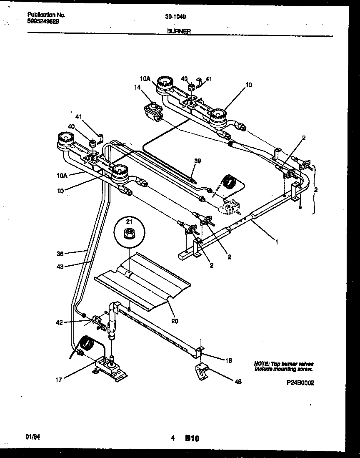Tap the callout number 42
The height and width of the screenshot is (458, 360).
coord(60,322)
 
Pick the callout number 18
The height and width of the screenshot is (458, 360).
coord(228,360)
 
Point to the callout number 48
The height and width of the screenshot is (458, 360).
coord(238,381)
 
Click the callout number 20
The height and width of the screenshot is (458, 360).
coord(175,321)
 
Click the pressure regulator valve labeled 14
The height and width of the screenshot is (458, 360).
coord(154,113)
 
